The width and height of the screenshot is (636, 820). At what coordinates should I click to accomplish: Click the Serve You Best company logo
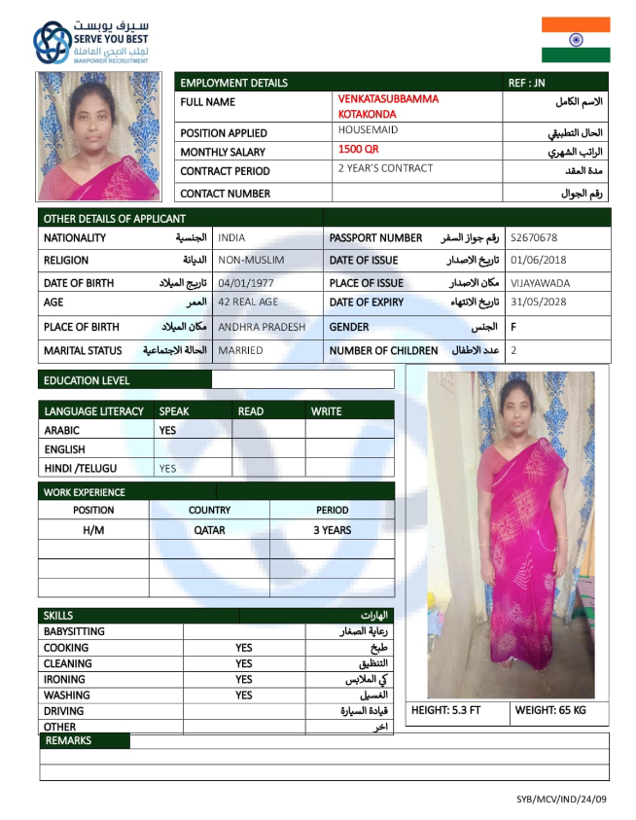coord(91,42)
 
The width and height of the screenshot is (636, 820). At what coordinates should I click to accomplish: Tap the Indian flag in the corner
coord(576,40)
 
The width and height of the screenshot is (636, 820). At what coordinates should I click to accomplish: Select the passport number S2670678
coord(534,237)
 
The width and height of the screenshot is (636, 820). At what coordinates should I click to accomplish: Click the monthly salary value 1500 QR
coord(358,150)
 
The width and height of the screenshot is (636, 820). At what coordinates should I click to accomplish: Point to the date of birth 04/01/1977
coord(247,283)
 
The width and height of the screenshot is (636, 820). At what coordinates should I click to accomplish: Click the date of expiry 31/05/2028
coord(538,302)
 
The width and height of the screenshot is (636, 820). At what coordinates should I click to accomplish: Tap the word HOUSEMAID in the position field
coord(368,128)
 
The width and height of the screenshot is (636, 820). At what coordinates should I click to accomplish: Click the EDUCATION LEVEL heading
coord(87,380)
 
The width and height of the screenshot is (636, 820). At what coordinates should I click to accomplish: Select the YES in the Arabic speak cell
coord(167,430)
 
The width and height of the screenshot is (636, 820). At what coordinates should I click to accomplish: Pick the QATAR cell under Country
coord(209,530)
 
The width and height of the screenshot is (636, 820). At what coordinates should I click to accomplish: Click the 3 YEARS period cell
coord(332,530)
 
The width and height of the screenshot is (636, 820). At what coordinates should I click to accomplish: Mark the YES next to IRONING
coord(243,679)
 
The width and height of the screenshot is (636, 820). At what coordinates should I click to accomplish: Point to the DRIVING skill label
coord(64,711)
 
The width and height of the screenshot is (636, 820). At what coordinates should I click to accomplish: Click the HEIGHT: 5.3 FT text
coord(445,710)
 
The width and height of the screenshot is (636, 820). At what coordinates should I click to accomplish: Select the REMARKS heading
coord(68,741)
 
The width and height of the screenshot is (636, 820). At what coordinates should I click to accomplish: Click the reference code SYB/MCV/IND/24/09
coord(561,799)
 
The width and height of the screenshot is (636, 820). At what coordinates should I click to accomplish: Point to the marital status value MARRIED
coord(240,350)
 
